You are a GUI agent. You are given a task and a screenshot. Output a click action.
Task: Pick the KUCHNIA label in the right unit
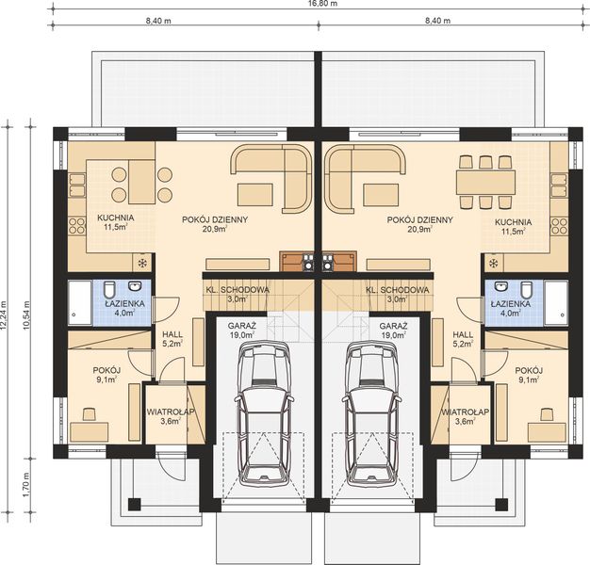coord(513,222)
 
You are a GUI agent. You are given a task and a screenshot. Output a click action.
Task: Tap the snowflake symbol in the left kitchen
coord(143,263)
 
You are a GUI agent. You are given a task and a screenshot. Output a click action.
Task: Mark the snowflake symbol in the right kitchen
coord(493,263)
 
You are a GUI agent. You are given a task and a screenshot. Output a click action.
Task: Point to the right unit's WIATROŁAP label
coord(463,416)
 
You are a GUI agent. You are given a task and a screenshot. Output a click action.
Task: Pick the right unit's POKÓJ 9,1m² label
coord(530,375)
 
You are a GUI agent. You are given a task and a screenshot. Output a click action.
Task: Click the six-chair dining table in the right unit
coord(486,179)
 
